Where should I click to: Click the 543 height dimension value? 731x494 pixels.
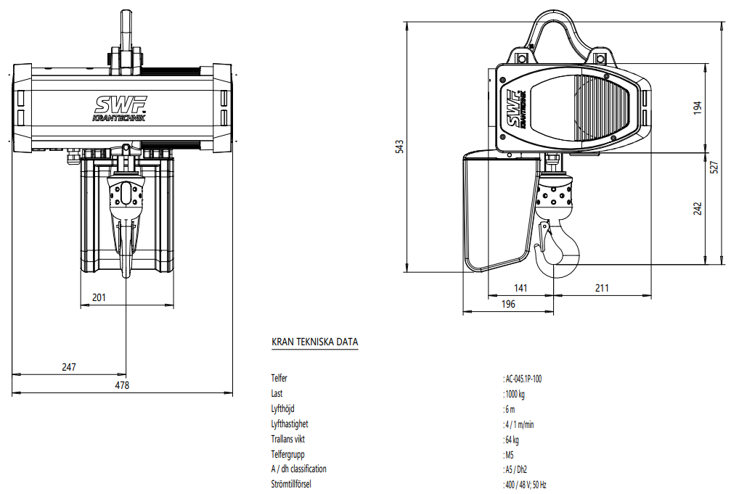tap(399, 147)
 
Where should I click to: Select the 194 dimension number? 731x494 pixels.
tap(698, 107)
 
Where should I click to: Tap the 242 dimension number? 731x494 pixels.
tap(698, 208)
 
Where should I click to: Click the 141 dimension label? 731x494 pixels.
tap(520, 288)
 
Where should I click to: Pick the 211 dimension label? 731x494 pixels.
tap(602, 288)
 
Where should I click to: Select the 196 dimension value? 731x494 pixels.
tap(508, 305)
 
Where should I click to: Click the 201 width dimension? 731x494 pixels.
tap(99, 297)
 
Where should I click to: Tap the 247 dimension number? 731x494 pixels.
tap(69, 367)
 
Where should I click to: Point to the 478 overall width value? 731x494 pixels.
tap(122, 385)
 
